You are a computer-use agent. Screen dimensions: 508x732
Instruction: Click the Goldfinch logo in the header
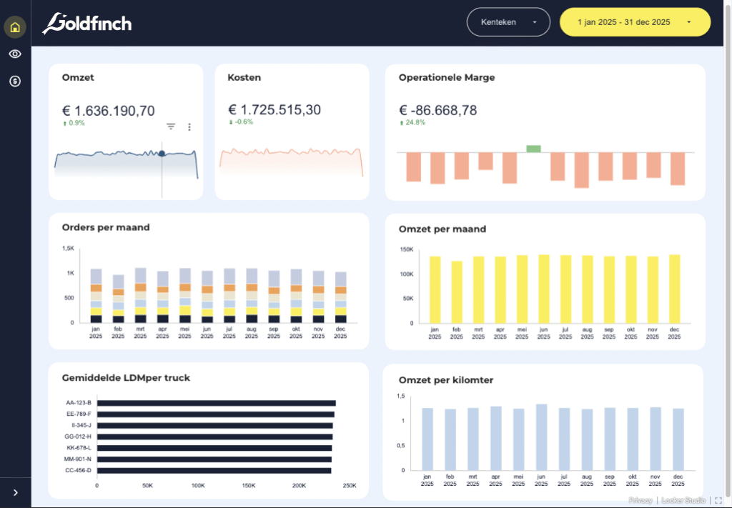pyautogui.click(x=86, y=24)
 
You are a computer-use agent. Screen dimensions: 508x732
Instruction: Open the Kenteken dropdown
pyautogui.click(x=508, y=22)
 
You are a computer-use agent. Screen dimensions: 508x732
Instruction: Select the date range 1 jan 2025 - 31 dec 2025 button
pyautogui.click(x=635, y=22)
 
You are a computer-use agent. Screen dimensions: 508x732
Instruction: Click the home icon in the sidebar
pyautogui.click(x=15, y=28)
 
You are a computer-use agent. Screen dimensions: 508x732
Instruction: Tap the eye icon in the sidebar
pyautogui.click(x=15, y=54)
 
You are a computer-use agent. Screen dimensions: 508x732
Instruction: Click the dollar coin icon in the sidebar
pyautogui.click(x=15, y=81)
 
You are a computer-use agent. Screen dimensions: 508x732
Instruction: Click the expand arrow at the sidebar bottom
pyautogui.click(x=16, y=492)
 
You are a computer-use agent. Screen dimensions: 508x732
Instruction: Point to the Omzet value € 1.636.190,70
pyautogui.click(x=108, y=111)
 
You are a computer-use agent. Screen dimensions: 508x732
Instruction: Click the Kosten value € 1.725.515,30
pyautogui.click(x=274, y=110)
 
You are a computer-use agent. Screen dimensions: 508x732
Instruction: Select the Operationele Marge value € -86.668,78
pyautogui.click(x=437, y=111)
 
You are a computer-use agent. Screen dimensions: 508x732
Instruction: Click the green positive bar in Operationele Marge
pyautogui.click(x=533, y=149)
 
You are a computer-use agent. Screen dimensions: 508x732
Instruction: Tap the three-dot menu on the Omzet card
pyautogui.click(x=189, y=127)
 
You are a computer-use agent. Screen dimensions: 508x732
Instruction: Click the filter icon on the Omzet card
pyautogui.click(x=171, y=126)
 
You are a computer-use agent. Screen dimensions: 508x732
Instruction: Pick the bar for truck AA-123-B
pyautogui.click(x=216, y=403)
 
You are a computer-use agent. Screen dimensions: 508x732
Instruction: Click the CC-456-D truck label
pyautogui.click(x=78, y=470)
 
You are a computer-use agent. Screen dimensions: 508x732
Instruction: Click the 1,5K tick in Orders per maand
pyautogui.click(x=68, y=249)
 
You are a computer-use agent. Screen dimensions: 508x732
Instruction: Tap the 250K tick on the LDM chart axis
pyautogui.click(x=350, y=486)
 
